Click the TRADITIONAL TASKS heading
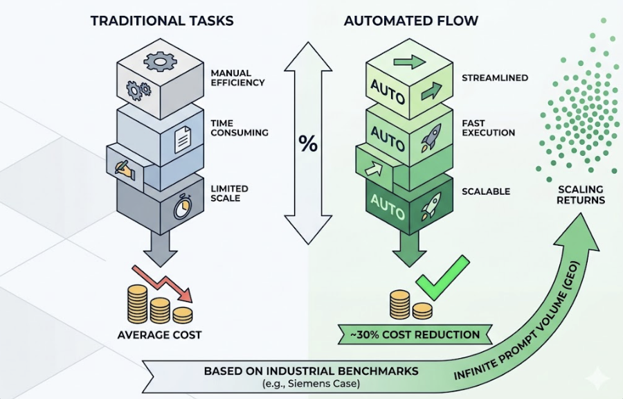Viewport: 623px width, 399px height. [162, 21]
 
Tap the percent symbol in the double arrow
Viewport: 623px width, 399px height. [308, 143]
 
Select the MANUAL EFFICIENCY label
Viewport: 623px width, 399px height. [237, 77]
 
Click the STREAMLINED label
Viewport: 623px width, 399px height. [495, 78]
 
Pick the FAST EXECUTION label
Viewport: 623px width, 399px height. [488, 128]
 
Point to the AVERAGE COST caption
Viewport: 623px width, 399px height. [159, 335]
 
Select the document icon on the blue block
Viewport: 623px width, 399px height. [182, 140]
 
